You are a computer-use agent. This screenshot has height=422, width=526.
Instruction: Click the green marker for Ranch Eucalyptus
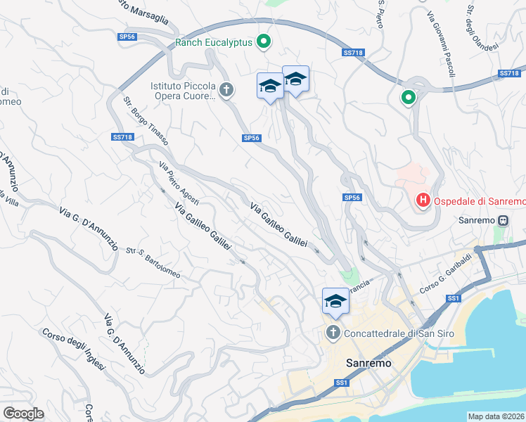(x=264, y=42)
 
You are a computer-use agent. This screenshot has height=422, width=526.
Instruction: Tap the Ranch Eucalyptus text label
(x=213, y=42)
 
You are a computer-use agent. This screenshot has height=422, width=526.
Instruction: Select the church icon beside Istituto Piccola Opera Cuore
(x=226, y=89)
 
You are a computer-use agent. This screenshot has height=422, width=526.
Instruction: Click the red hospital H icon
(x=423, y=201)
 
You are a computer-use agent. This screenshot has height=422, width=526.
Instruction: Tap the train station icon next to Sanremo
(x=503, y=219)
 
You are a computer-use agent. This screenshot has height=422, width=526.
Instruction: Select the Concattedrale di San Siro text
(x=398, y=333)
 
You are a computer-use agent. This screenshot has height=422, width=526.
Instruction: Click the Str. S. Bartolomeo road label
(x=153, y=262)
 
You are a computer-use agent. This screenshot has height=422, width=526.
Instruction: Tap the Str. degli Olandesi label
(x=481, y=24)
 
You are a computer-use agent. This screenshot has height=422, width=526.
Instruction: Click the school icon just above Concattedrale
(x=335, y=300)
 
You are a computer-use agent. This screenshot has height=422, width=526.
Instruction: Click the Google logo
(x=23, y=414)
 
